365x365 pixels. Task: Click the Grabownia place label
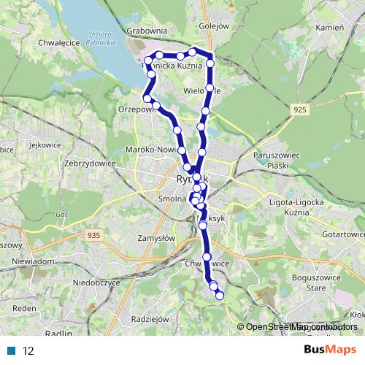click(147, 31)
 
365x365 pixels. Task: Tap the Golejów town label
click(214, 26)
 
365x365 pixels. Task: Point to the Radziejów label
click(148, 319)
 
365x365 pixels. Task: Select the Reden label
click(24, 308)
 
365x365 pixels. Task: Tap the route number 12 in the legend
click(28, 350)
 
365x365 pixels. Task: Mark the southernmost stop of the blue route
click(219, 294)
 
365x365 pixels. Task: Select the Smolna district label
click(173, 198)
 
